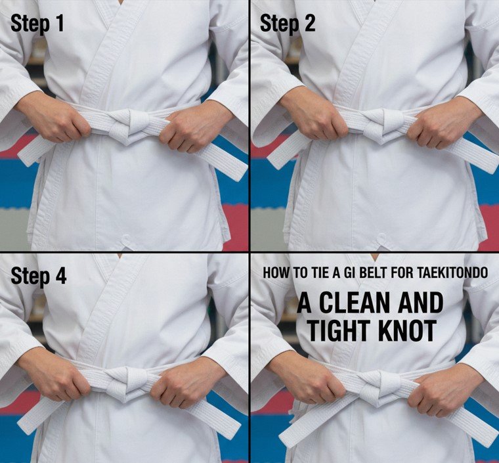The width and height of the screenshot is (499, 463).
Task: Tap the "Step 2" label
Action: click(x=288, y=24)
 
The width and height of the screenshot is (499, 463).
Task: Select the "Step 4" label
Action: click(x=39, y=276)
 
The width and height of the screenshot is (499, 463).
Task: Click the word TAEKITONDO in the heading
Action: click(x=452, y=272)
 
